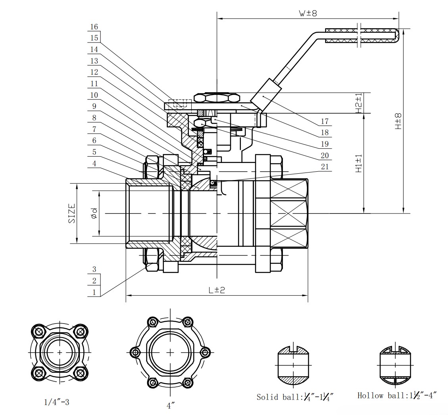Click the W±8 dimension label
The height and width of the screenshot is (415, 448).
point(308,13)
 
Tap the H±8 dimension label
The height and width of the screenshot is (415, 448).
point(398,121)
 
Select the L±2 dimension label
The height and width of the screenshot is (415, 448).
point(217,290)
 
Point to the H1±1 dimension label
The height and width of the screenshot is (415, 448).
point(359,163)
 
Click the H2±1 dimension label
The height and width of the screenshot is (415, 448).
point(359,103)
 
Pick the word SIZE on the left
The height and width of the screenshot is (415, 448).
point(72,213)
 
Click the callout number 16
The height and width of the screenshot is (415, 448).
point(94,27)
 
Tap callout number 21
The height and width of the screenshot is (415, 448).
point(325,167)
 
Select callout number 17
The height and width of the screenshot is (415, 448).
point(325,122)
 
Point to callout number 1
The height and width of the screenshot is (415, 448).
point(94,292)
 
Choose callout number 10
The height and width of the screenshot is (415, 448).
point(94,95)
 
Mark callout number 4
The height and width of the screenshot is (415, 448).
point(94,163)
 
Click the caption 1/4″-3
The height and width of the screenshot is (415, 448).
point(56,402)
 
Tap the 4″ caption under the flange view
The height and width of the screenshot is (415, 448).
point(171,405)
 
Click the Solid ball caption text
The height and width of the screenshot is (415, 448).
point(294,396)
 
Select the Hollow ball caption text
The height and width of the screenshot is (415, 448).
point(397,395)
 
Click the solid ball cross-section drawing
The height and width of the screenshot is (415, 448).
point(294,365)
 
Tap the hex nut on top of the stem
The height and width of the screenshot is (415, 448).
point(217,97)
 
